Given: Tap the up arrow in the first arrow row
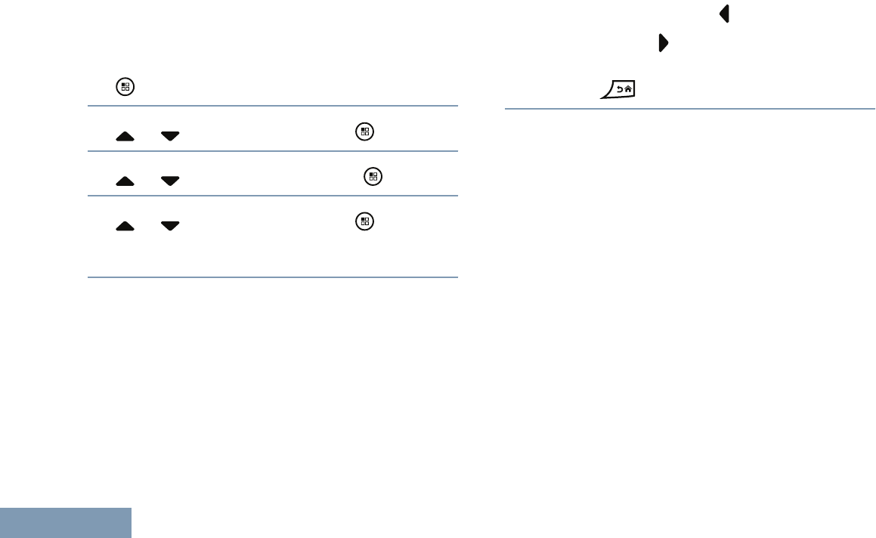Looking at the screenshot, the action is [125, 136].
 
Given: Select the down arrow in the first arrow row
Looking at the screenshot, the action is [170, 136].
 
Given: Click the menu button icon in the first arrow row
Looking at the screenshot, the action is [364, 131].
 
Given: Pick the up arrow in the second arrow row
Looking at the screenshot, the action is [125, 181].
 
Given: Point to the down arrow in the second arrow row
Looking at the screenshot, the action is [170, 181].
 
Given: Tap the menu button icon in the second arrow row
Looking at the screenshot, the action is [372, 177].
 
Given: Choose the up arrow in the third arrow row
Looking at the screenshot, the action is [125, 226].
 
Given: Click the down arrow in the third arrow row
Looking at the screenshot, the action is [170, 226].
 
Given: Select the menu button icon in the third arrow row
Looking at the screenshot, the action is [364, 221].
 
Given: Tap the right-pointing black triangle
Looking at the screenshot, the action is [663, 43].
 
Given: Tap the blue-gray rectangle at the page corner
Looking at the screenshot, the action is [66, 523].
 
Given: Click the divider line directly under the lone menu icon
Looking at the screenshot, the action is [272, 106].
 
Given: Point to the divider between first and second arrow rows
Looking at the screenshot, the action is [272, 151].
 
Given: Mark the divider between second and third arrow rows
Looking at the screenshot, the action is [272, 196].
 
